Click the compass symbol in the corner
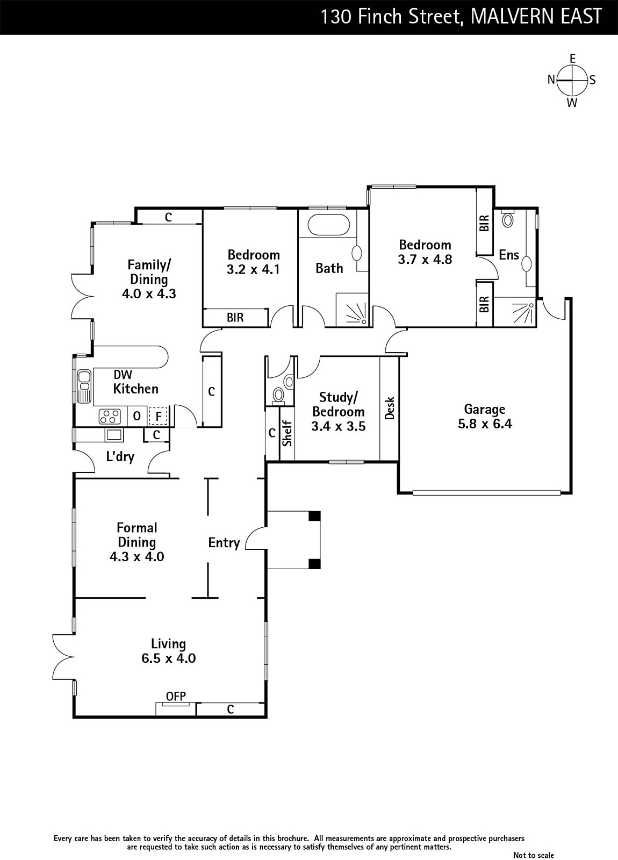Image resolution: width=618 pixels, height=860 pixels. pyautogui.click(x=572, y=80)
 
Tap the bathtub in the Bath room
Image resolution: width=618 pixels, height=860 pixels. pyautogui.click(x=329, y=225)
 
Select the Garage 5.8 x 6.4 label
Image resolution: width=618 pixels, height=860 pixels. pyautogui.click(x=485, y=416)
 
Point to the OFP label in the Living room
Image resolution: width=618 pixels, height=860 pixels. pyautogui.click(x=176, y=696)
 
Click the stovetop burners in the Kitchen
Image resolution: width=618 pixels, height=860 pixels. pyautogui.click(x=110, y=416)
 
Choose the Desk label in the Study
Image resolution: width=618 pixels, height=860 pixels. pyautogui.click(x=389, y=408)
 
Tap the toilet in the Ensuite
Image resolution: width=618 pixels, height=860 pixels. pyautogui.click(x=508, y=219)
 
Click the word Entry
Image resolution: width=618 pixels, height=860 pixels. pyautogui.click(x=224, y=543)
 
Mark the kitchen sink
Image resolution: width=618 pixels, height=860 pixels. pyautogui.click(x=84, y=386)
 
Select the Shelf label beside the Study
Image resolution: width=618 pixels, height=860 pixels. pyautogui.click(x=287, y=434)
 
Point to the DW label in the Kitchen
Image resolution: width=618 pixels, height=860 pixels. pyautogui.click(x=123, y=375)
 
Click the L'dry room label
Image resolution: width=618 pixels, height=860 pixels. pyautogui.click(x=120, y=456)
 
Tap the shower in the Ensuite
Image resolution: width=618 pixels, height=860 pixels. pyautogui.click(x=515, y=312)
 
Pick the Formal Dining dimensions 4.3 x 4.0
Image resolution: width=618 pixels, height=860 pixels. pyautogui.click(x=137, y=557)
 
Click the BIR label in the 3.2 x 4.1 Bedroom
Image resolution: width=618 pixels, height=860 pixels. pyautogui.click(x=235, y=318)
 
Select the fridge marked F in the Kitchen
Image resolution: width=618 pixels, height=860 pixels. pyautogui.click(x=158, y=416)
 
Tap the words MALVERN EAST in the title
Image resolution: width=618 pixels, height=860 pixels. pyautogui.click(x=536, y=17)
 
